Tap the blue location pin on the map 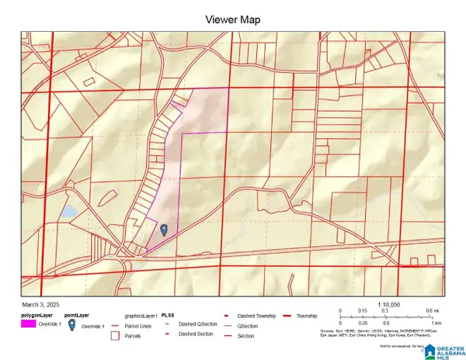[x=164, y=229]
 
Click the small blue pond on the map [x=68, y=211]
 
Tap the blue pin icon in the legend [x=72, y=327]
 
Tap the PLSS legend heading [x=167, y=316]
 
